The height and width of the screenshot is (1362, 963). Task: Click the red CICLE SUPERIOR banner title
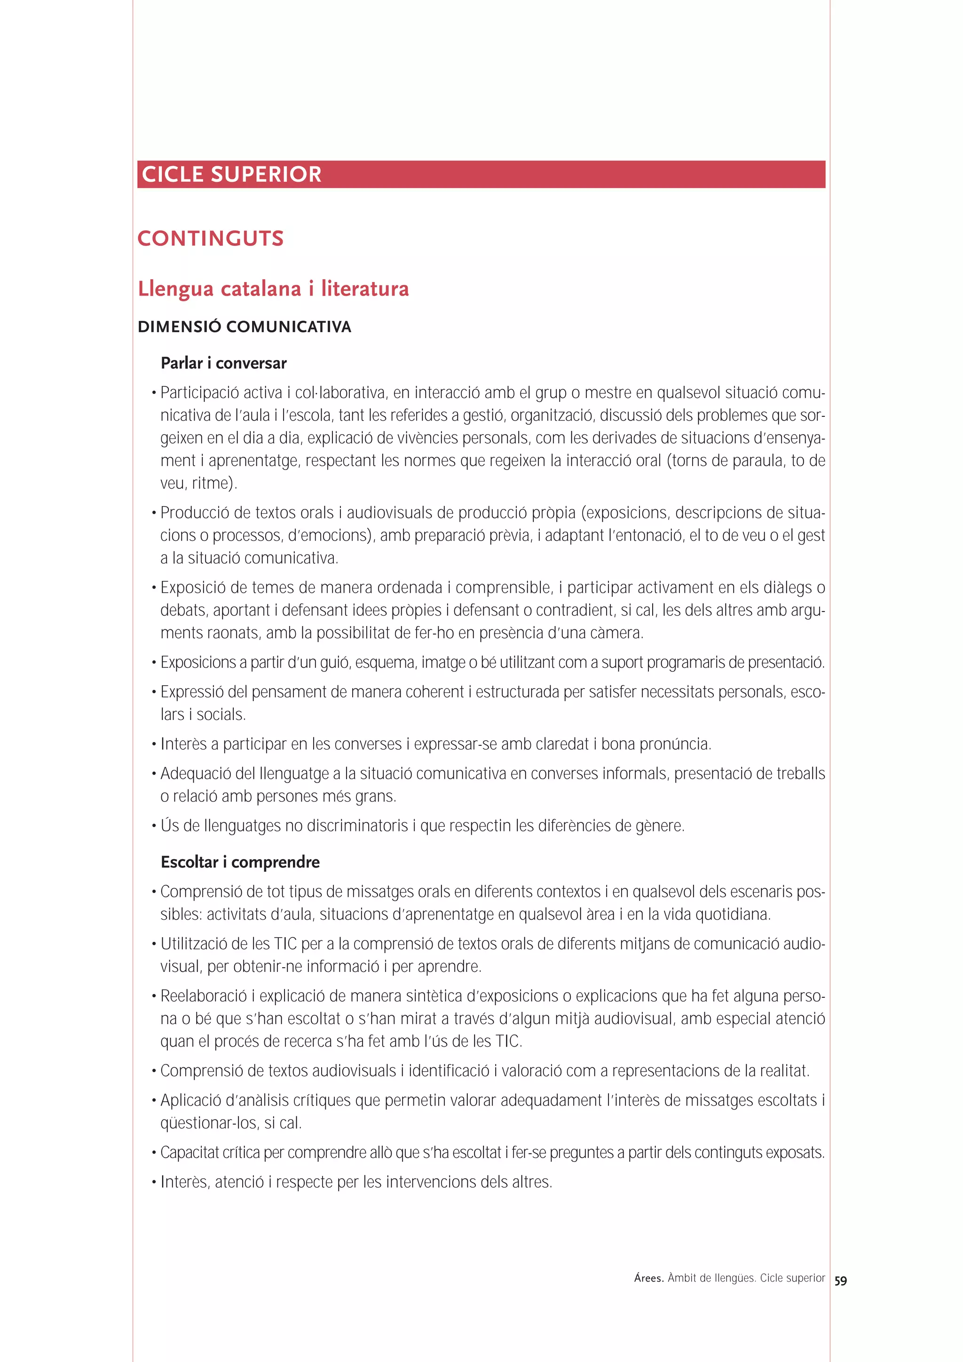coord(231,174)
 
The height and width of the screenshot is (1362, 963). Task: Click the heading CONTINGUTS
coord(210,238)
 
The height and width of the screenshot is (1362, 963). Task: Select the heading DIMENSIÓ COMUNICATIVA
coord(244,327)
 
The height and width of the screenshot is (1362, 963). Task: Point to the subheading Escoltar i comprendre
coord(240,862)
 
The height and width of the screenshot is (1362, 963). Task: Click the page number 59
coord(840,1281)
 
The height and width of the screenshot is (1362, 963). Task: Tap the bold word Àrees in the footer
coord(648,1278)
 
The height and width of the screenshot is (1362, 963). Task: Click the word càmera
coord(620,633)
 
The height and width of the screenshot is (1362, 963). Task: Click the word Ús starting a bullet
coord(169,826)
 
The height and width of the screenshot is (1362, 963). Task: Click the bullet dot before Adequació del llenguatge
coord(154,774)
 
